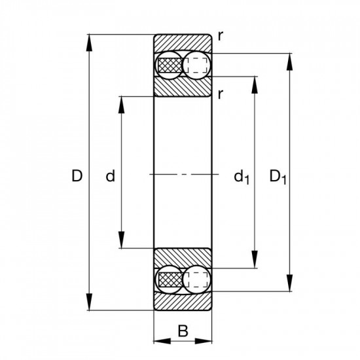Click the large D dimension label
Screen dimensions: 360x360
77,175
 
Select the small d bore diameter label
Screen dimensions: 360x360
111,175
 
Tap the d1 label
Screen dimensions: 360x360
242,176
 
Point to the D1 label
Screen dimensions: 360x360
278,176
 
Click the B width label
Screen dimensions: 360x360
183,333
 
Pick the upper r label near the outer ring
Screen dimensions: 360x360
221,37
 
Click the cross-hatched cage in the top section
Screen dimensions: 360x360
169,65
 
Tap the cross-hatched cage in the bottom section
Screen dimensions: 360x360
169,279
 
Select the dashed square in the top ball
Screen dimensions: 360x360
196,65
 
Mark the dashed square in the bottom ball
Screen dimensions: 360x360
196,279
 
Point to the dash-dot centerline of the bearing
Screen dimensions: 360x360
183,174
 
